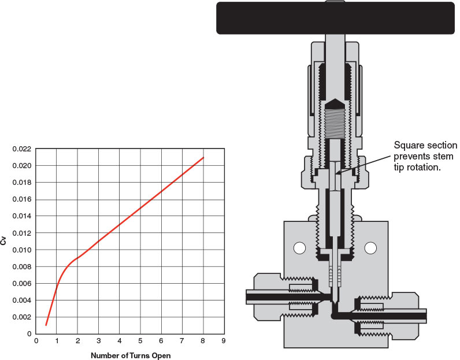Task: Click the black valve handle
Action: point(335,18)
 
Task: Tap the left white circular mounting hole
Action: point(299,248)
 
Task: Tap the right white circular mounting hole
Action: point(370,248)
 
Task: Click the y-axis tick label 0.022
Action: point(21,149)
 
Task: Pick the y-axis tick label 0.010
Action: point(21,250)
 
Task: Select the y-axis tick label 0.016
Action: point(21,199)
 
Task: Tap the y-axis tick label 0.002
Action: point(21,317)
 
